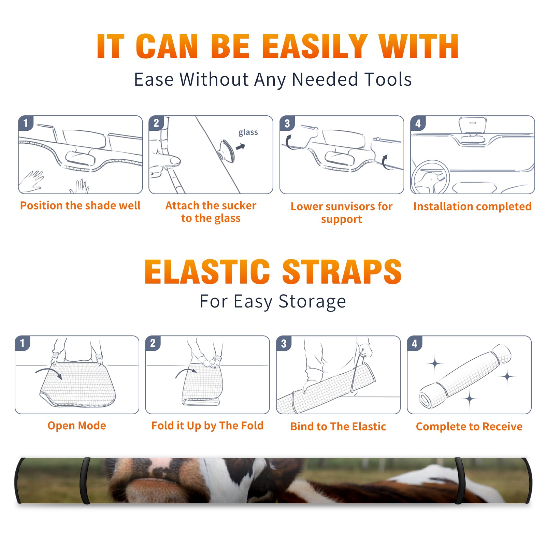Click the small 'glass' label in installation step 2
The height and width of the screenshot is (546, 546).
(248, 132)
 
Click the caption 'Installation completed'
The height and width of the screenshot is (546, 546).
(472, 206)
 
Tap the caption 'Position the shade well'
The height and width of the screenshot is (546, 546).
(80, 205)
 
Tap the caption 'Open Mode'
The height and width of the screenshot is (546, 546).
(77, 426)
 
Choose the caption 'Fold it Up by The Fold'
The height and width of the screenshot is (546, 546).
(207, 426)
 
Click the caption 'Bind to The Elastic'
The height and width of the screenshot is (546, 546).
(338, 427)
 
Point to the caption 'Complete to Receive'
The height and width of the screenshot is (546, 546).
(469, 427)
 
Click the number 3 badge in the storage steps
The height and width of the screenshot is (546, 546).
(284, 343)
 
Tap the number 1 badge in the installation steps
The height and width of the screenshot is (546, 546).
(26, 123)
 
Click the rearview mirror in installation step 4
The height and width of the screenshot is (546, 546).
(473, 125)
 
